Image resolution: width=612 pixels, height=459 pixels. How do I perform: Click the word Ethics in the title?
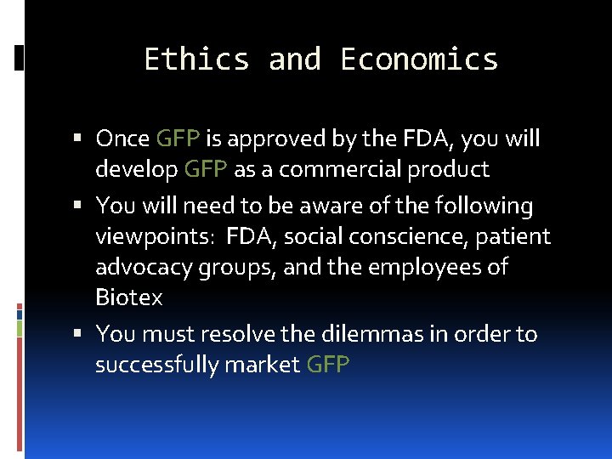point(196,59)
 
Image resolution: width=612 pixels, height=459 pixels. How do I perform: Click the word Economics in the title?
point(419,59)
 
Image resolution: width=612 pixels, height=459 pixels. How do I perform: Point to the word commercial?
point(340,169)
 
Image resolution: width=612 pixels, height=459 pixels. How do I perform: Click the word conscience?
point(416,236)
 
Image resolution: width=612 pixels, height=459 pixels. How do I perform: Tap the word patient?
point(513,236)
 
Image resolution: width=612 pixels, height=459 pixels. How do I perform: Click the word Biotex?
point(129,297)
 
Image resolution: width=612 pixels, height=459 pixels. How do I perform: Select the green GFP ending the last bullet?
point(328,365)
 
